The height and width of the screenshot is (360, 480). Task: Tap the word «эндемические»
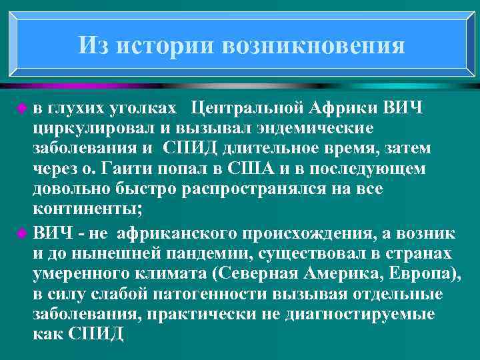coord(308,128)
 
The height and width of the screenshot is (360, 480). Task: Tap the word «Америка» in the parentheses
coord(346,274)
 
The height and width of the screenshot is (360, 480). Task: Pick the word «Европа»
coord(425,274)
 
